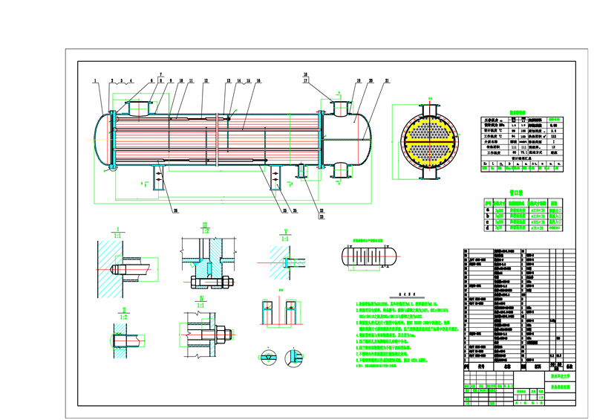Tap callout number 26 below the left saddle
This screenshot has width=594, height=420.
point(176,210)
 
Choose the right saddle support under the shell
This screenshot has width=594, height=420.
point(301,171)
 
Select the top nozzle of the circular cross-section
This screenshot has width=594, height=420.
point(430,106)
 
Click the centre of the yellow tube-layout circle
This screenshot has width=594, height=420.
point(430,140)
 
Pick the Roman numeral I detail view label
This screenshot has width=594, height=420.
point(117,230)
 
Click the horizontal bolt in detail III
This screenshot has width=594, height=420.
point(212,282)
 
